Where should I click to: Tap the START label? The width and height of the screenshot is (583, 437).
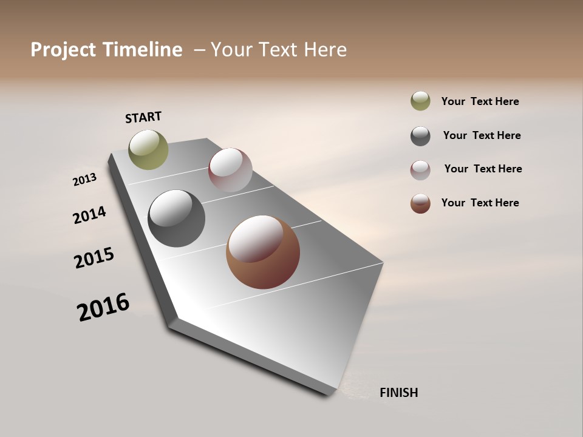pyautogui.click(x=143, y=117)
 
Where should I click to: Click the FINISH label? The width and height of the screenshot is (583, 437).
pyautogui.click(x=398, y=393)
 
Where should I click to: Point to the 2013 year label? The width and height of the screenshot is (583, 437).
pyautogui.click(x=84, y=180)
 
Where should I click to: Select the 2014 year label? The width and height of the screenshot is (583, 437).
pyautogui.click(x=89, y=215)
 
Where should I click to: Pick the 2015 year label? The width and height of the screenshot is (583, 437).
pyautogui.click(x=94, y=258)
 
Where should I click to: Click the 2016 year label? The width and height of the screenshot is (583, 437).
pyautogui.click(x=103, y=307)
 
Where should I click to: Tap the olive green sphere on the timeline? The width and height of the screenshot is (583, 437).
pyautogui.click(x=149, y=149)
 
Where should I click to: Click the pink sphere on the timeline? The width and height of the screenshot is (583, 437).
pyautogui.click(x=230, y=170)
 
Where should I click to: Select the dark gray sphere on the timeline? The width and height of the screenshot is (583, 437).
pyautogui.click(x=177, y=218)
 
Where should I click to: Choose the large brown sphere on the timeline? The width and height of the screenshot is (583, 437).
pyautogui.click(x=263, y=252)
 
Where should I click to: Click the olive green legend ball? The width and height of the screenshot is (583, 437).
pyautogui.click(x=420, y=101)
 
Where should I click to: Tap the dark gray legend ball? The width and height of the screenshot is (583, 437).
pyautogui.click(x=420, y=136)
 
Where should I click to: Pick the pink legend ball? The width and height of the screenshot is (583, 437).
pyautogui.click(x=420, y=170)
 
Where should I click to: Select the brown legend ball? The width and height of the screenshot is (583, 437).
pyautogui.click(x=420, y=203)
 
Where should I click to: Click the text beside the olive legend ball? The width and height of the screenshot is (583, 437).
pyautogui.click(x=480, y=101)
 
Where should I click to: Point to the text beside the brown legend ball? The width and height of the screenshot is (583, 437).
pyautogui.click(x=480, y=203)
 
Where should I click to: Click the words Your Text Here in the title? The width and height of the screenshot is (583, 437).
pyautogui.click(x=279, y=50)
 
